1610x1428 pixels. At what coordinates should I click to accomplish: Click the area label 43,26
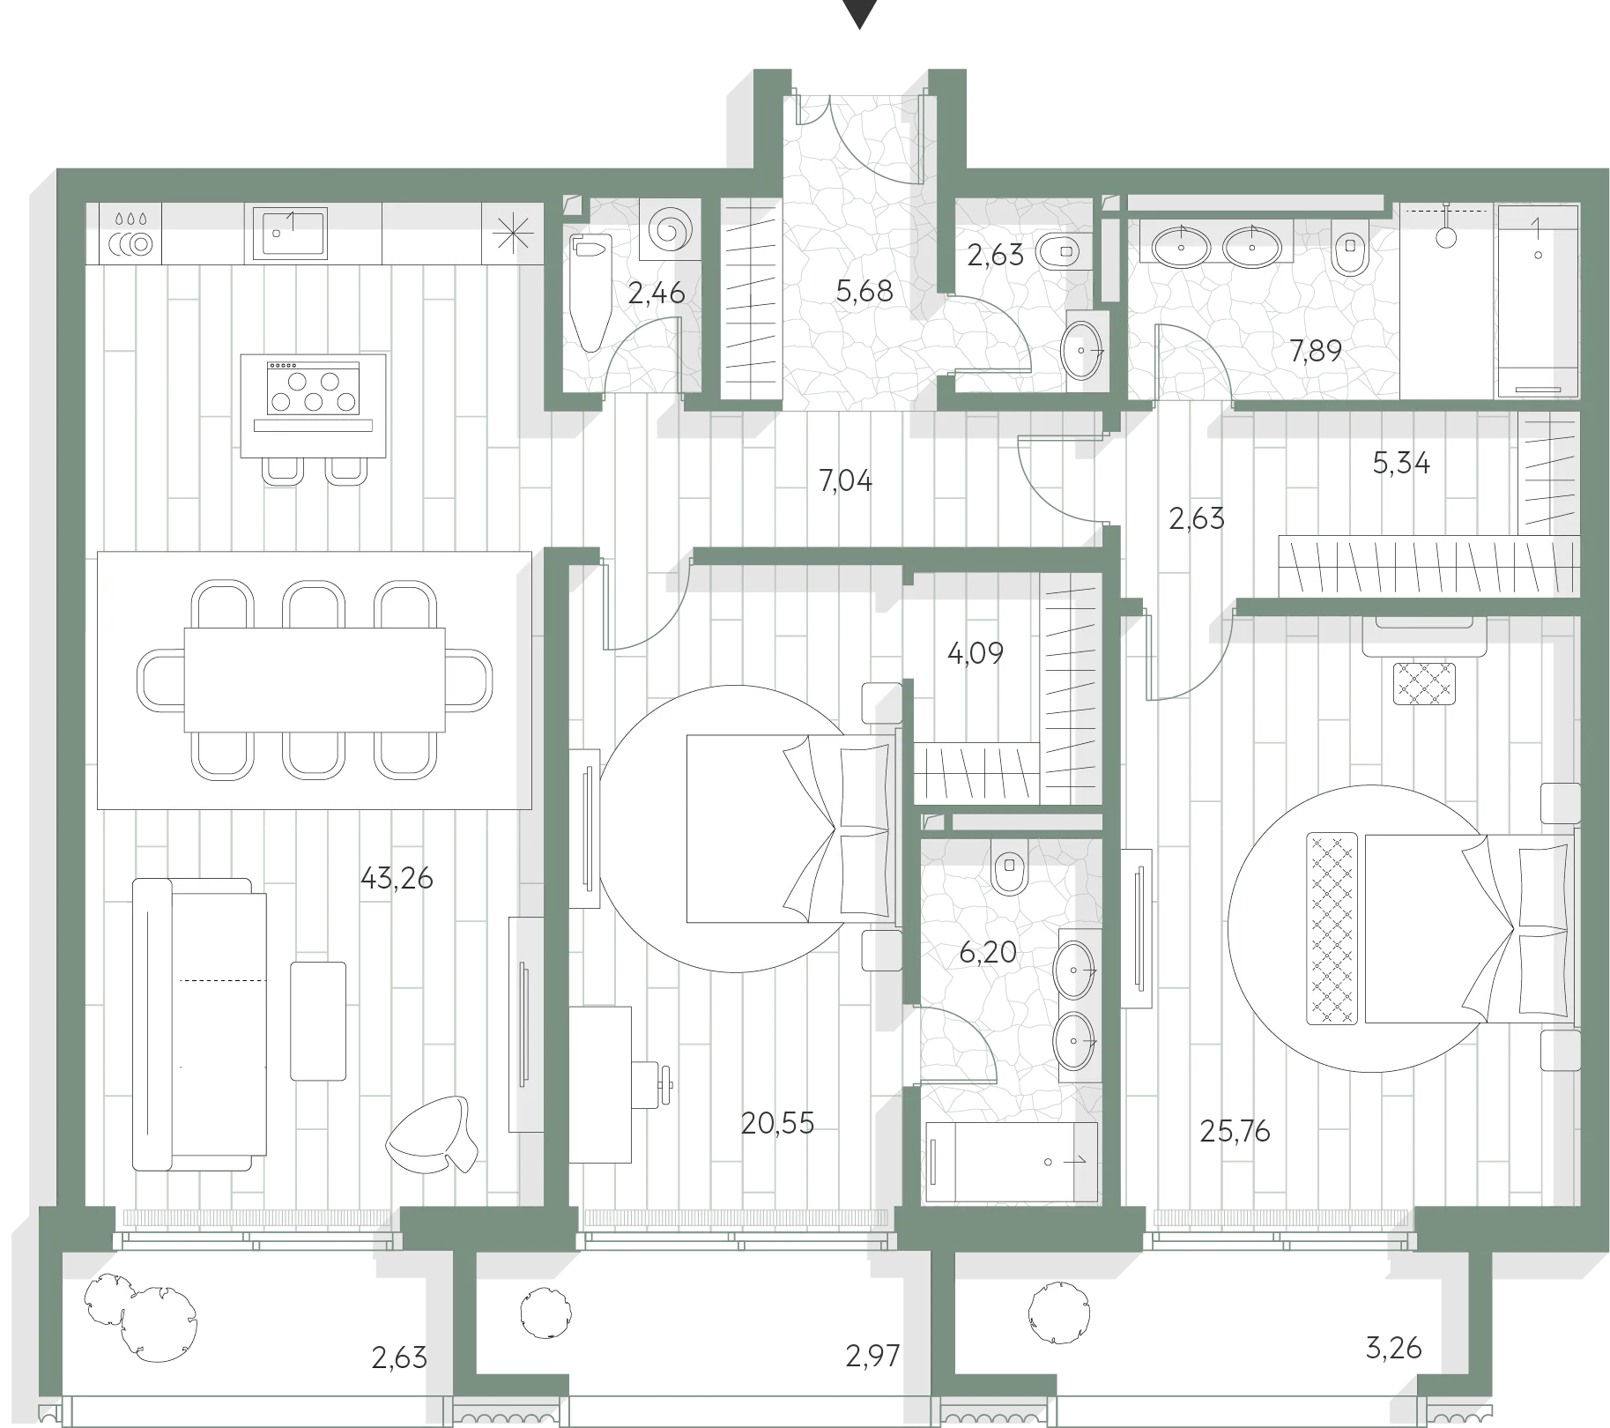tap(397, 879)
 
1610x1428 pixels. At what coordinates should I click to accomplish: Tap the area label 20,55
tap(777, 1123)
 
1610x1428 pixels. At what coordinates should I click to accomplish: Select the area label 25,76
tap(1235, 1131)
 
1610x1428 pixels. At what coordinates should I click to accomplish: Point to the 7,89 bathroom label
tap(1316, 351)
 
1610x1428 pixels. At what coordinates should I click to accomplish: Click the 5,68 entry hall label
tap(864, 290)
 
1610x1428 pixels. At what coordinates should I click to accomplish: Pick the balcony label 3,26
tap(1393, 1348)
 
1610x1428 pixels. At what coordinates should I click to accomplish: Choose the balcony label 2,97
tap(872, 1355)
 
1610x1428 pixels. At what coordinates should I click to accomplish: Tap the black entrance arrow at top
tap(859, 12)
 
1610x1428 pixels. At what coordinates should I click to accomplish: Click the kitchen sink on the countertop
tap(290, 234)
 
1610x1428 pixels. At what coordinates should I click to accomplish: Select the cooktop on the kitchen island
tap(313, 388)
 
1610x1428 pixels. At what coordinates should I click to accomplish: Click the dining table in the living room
tap(315, 680)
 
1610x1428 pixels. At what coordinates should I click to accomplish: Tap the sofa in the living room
tap(199, 1024)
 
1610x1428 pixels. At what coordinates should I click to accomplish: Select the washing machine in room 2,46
tap(669, 231)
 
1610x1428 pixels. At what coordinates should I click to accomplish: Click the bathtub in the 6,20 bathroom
tap(1012, 1162)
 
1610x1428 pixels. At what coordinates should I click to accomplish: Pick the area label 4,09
tap(975, 653)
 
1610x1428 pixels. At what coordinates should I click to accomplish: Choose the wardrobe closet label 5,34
tap(1401, 463)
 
